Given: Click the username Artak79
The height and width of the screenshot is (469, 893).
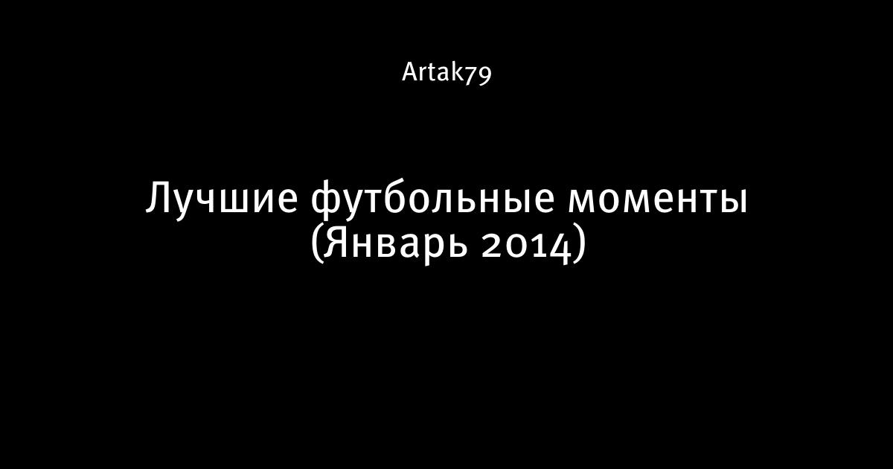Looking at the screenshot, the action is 446,73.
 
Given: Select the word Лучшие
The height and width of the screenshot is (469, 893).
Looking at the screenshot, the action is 222,198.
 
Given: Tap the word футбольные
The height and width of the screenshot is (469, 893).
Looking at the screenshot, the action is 432,199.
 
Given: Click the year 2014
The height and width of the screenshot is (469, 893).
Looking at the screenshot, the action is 526,247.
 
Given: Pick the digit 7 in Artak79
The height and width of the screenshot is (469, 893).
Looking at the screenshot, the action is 471,74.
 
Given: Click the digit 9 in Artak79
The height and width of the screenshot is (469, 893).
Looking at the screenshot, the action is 485,76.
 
